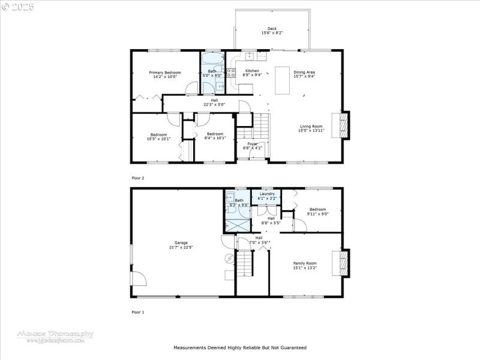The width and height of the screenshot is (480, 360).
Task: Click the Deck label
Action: click(272, 29)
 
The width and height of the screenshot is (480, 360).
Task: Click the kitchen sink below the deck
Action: click(250, 56)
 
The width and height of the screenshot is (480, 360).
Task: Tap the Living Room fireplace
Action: click(344, 125)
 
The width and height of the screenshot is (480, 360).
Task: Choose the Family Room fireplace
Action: click(344, 263)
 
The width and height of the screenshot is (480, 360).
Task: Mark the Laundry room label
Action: click(266, 193)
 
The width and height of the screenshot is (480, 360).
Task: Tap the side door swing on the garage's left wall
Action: click(138, 279)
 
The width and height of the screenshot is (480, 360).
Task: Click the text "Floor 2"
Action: click(138, 178)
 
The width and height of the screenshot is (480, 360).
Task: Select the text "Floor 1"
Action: click(138, 312)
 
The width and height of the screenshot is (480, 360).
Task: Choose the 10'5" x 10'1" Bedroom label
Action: click(158, 136)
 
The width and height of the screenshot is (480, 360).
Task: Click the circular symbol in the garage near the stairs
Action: click(228, 259)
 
